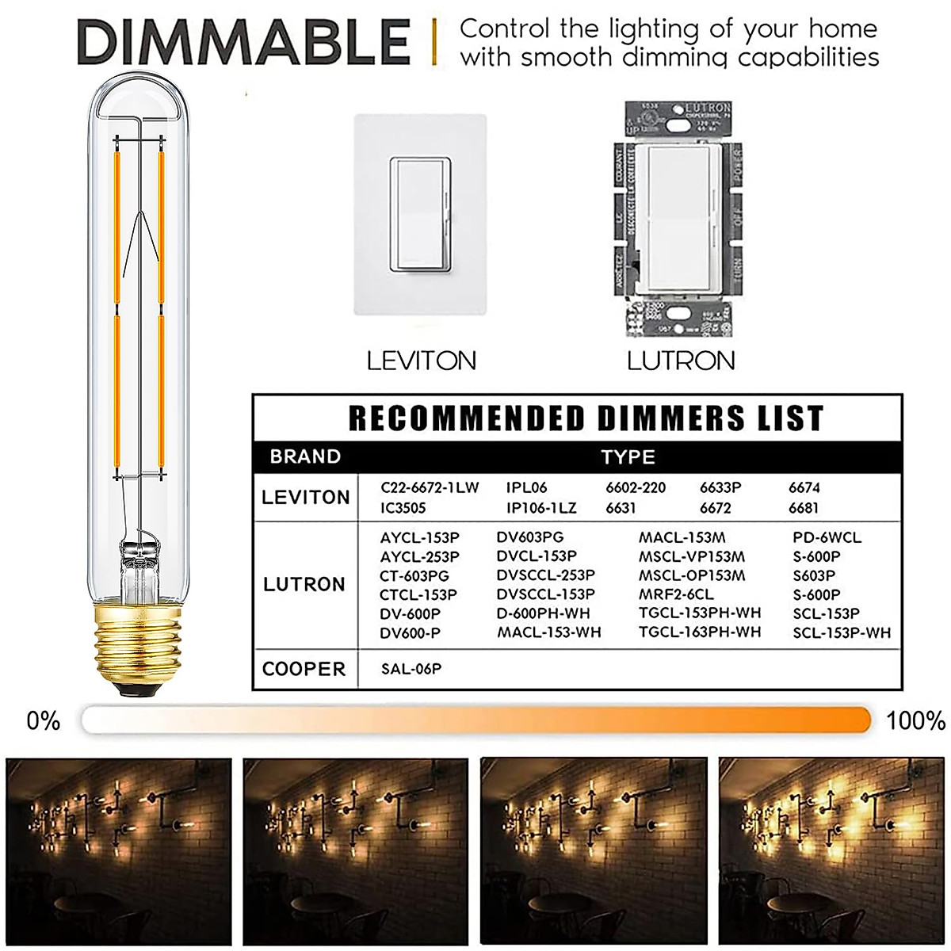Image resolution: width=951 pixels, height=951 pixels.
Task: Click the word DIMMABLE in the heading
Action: point(244,43)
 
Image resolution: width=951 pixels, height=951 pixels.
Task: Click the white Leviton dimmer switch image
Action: point(419,214)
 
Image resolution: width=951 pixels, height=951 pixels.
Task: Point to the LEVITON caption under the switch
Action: point(421,361)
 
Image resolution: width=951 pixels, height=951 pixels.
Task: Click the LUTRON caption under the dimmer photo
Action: point(681,361)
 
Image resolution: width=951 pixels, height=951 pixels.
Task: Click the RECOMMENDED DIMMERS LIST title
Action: point(586,418)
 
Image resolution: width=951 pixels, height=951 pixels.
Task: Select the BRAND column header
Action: point(305,457)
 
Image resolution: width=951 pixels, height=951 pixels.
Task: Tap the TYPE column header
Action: point(628,457)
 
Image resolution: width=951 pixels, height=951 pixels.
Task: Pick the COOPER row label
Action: point(304,669)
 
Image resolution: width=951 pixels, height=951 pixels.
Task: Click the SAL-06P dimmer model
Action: point(411,669)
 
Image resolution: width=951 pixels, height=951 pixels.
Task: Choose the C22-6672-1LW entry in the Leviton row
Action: point(430,487)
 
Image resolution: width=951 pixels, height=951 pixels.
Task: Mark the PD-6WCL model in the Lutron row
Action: point(827,537)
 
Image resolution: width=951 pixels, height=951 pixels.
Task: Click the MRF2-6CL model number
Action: point(676,594)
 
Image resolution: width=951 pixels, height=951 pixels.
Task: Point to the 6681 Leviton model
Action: point(804,508)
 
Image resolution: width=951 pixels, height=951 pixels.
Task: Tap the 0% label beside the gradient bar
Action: point(43,720)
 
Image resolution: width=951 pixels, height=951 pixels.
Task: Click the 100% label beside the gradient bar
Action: point(915,720)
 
